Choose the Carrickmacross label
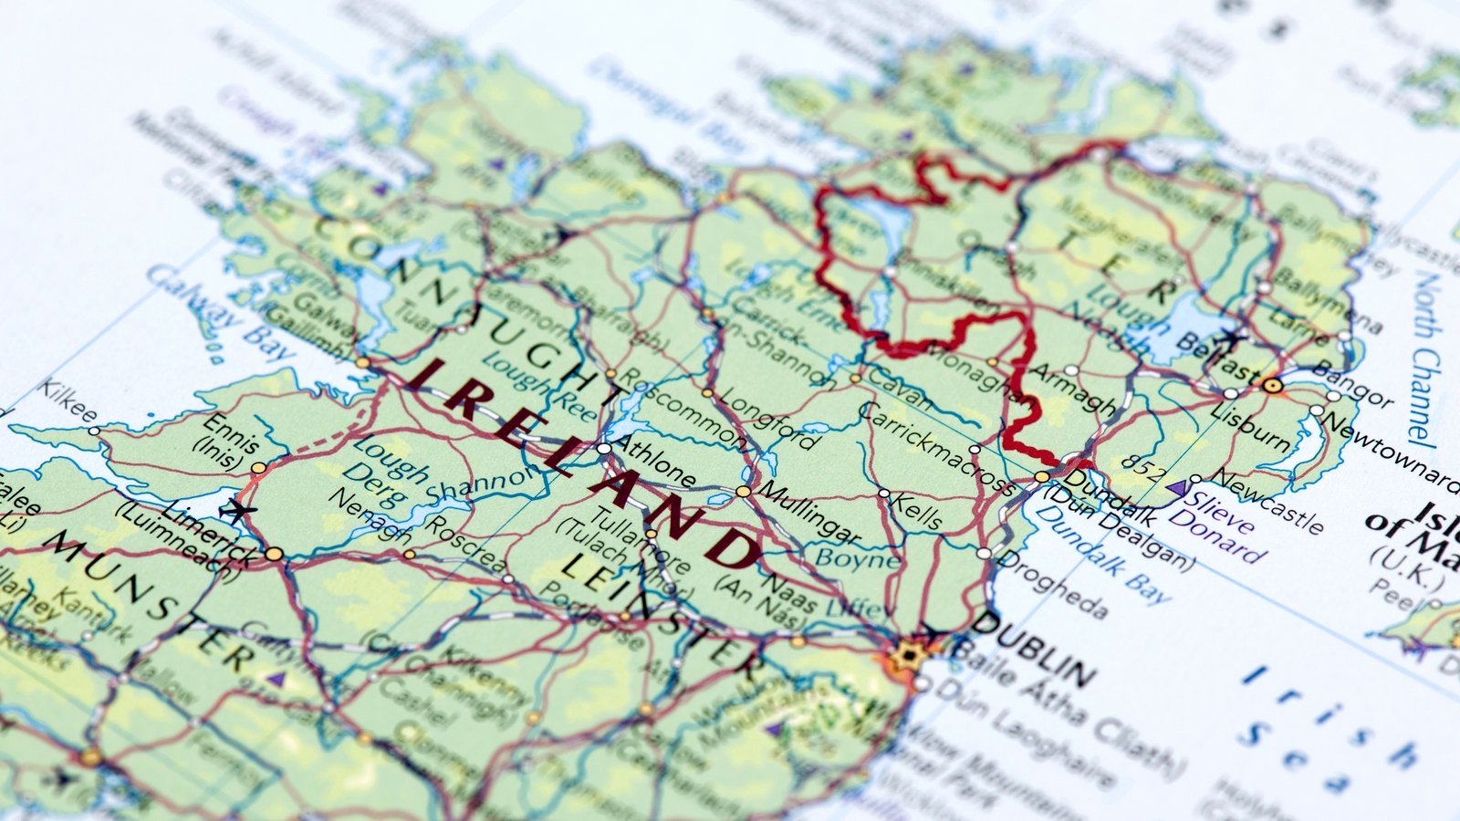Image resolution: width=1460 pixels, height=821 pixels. click(935, 448)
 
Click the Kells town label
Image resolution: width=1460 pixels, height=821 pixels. click(915, 512)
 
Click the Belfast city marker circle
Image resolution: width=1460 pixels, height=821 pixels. click(1273, 386)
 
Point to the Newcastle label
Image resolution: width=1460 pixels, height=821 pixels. click(1268, 503)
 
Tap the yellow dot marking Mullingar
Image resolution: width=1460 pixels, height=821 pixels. click(743, 492)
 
